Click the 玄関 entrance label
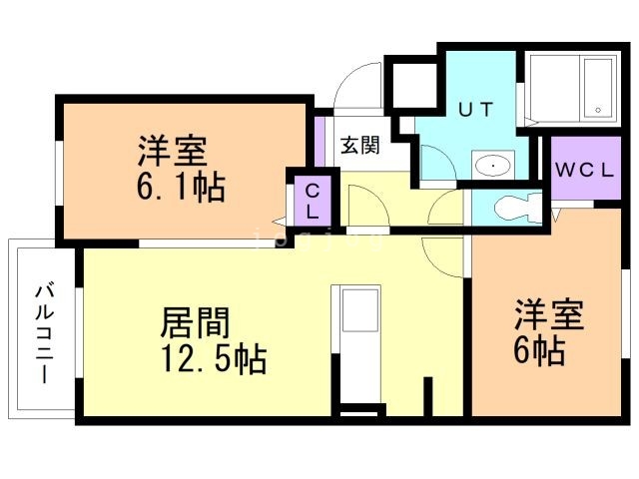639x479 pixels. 359,146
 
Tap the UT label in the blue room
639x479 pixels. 476,109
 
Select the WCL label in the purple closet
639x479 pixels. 585,171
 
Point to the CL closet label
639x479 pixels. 313,202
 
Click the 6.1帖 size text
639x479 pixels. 181,188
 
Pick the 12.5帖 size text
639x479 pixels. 215,359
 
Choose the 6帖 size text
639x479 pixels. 539,350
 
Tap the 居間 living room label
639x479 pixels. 195,323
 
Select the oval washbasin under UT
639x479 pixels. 493,166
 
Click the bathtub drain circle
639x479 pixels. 598,110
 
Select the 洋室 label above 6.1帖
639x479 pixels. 173,151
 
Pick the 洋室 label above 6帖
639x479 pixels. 549,314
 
